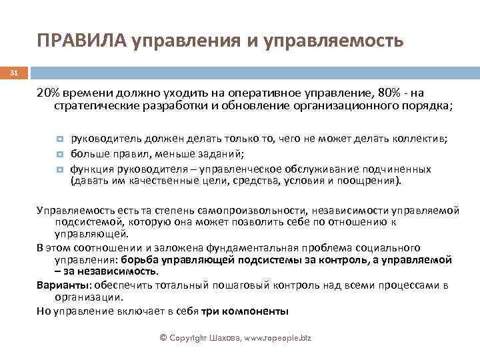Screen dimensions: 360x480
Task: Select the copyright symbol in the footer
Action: click(164, 338)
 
